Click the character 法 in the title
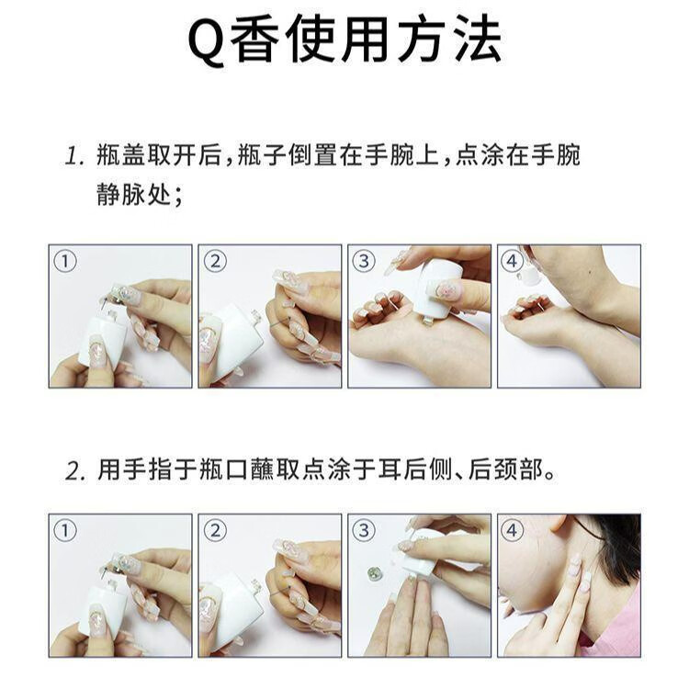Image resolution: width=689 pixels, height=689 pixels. tap(478, 40)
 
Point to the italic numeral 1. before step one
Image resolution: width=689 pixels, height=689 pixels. tap(74, 156)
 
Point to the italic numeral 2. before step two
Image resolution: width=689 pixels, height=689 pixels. tap(75, 471)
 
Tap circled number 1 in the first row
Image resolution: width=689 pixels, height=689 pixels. tap(65, 262)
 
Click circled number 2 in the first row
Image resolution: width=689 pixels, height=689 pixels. tap(215, 262)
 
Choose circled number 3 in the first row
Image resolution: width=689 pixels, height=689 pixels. tap(364, 262)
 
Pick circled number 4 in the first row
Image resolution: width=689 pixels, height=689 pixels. tap(513, 262)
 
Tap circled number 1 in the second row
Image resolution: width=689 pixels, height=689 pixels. tap(65, 530)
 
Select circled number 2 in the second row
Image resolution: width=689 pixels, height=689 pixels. tap(215, 530)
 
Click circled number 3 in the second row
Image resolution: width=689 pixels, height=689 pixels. tap(364, 530)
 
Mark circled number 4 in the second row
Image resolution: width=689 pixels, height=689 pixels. tap(513, 530)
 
